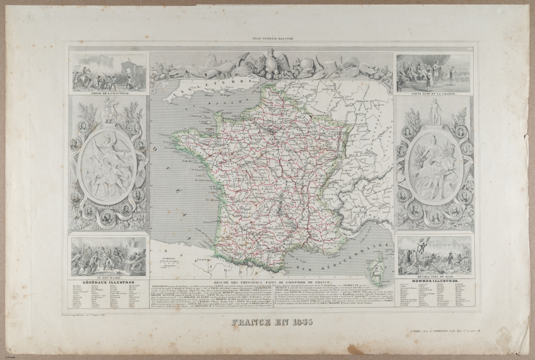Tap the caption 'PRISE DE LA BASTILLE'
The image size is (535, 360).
point(109,94)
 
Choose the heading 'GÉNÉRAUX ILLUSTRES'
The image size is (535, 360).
point(109,284)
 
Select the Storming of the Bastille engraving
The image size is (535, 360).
point(109,73)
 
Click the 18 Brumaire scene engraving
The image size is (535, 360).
point(109,257)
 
